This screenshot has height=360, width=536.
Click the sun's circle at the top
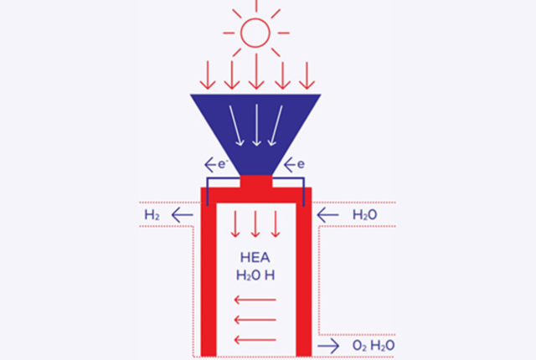click(256, 33)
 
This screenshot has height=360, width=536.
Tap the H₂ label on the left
click(152, 216)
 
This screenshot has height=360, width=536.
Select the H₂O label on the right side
click(364, 216)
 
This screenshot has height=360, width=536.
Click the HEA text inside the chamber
click(257, 258)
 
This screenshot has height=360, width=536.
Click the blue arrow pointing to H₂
click(182, 216)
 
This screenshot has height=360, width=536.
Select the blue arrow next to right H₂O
click(327, 216)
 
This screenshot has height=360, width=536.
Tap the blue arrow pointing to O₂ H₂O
click(328, 345)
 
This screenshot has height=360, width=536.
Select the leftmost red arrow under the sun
click(208, 75)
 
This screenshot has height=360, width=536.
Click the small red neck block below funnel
click(256, 183)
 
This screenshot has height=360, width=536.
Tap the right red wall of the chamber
click(304, 276)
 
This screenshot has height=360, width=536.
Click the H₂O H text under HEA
click(257, 275)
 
